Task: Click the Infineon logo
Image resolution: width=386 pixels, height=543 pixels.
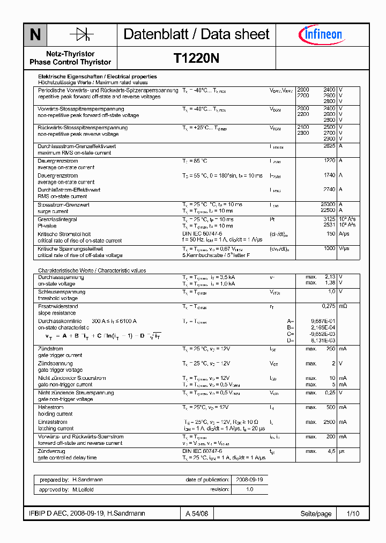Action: pyautogui.click(x=320, y=35)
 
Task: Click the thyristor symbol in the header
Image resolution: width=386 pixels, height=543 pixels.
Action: pyautogui.click(x=82, y=35)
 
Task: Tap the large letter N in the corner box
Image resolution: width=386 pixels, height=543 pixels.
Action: pyautogui.click(x=35, y=35)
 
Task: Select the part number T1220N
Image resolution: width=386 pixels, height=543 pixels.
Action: pyautogui.click(x=196, y=58)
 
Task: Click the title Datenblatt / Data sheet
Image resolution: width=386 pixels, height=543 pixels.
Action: pyautogui.click(x=196, y=35)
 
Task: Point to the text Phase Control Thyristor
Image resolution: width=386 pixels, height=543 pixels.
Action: pyautogui.click(x=70, y=62)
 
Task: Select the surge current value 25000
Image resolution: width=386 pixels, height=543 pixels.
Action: pyautogui.click(x=328, y=204)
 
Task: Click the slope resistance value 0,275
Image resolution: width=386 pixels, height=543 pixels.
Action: pyautogui.click(x=328, y=306)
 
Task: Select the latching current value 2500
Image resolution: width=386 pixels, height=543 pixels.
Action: pyautogui.click(x=329, y=422)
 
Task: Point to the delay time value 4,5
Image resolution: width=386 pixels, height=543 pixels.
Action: pyautogui.click(x=332, y=451)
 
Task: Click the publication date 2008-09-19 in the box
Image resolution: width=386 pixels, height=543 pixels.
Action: pyautogui.click(x=244, y=480)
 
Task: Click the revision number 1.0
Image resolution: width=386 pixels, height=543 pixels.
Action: pyautogui.click(x=249, y=490)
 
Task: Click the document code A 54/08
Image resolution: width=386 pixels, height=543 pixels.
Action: pyautogui.click(x=196, y=513)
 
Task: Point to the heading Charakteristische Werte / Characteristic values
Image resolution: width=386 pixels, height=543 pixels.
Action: pyautogui.click(x=92, y=270)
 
